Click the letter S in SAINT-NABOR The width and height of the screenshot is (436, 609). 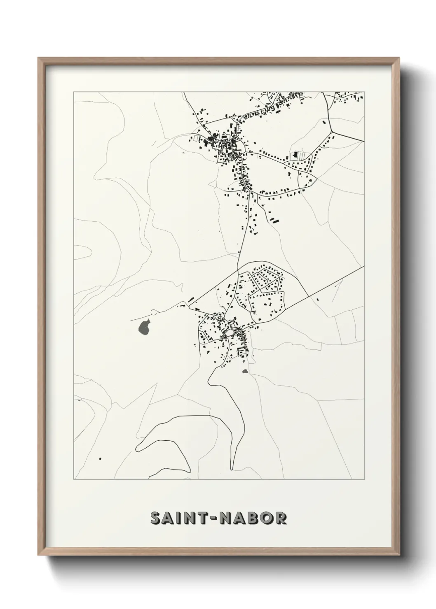(x=156, y=518)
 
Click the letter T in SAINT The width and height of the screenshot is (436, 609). (x=203, y=518)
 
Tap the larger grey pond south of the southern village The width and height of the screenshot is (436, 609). (x=245, y=371)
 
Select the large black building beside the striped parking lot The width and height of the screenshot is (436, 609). (x=295, y=155)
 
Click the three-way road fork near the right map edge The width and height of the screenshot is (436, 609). (x=332, y=132)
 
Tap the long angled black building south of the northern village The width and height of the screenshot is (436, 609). (x=275, y=220)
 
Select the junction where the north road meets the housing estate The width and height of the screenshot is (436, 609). (x=238, y=270)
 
